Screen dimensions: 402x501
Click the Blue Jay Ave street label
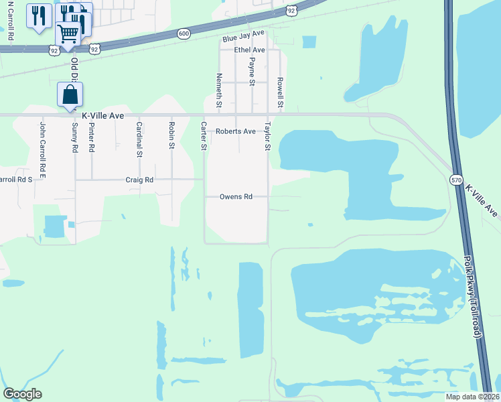(x=245, y=33)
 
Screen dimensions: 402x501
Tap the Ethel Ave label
(x=249, y=50)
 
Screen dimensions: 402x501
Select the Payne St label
(x=252, y=72)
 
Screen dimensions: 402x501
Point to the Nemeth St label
(x=219, y=92)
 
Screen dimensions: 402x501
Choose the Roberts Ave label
(x=235, y=131)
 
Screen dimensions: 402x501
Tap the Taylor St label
(x=267, y=136)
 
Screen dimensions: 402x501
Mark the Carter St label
(x=204, y=136)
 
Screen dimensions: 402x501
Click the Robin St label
(x=172, y=135)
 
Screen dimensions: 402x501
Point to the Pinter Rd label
(x=92, y=137)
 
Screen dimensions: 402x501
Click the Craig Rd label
(x=139, y=180)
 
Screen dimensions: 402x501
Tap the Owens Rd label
(x=237, y=197)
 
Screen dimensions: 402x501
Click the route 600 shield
(x=183, y=33)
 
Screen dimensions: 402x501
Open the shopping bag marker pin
(x=70, y=94)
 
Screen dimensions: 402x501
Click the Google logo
(x=22, y=394)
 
